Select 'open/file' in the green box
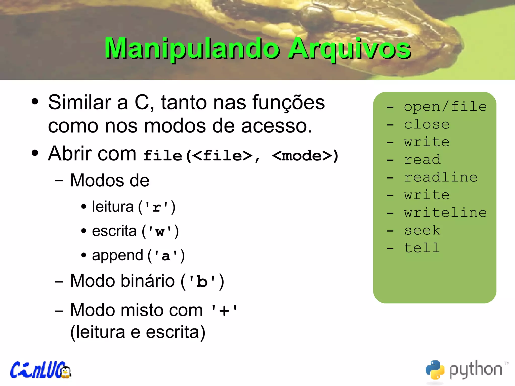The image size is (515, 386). click(x=445, y=107)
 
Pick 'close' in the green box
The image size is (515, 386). click(x=427, y=124)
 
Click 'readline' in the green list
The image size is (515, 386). click(x=441, y=177)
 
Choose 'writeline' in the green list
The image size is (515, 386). click(x=445, y=213)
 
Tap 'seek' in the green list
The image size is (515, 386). click(x=422, y=230)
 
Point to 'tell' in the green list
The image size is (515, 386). click(x=422, y=248)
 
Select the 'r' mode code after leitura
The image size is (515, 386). click(x=157, y=207)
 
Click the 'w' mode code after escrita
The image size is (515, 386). click(x=160, y=232)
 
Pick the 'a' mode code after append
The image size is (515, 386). click(x=166, y=256)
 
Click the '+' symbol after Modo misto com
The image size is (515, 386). click(x=224, y=311)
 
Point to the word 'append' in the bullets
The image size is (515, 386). click(x=117, y=255)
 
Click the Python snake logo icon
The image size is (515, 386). click(x=435, y=370)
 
